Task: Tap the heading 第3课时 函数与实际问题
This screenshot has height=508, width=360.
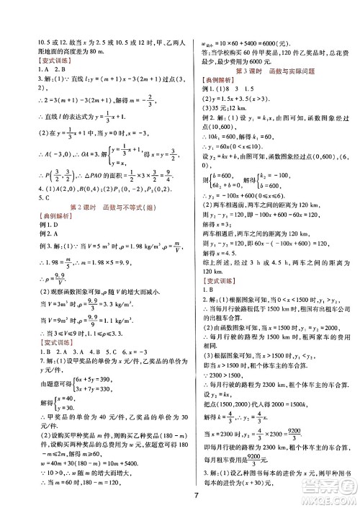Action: [x=271, y=71]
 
